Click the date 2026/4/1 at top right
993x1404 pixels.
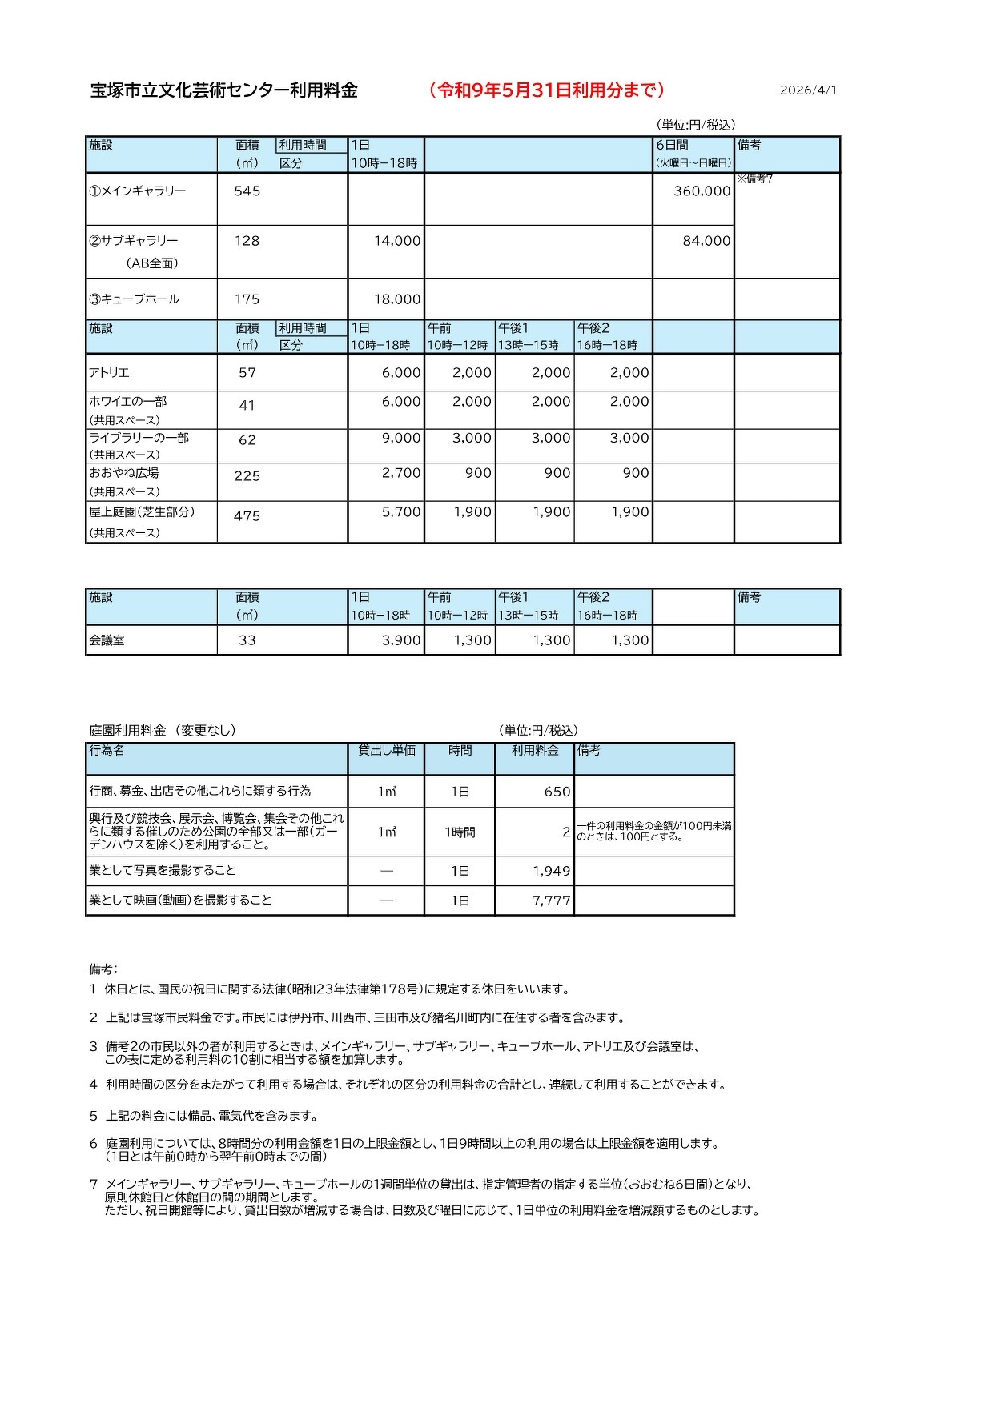808,90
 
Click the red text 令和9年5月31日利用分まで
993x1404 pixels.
547,90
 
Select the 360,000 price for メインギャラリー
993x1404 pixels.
702,191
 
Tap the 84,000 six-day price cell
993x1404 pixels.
706,241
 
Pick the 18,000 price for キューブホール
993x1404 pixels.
397,299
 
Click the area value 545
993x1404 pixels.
247,191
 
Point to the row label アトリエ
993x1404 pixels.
109,373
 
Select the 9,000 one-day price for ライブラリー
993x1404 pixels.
400,439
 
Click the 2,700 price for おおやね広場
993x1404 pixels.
400,473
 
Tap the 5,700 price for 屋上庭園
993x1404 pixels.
400,512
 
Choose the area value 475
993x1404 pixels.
247,516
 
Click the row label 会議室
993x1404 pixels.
107,640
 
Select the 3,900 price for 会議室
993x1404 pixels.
400,640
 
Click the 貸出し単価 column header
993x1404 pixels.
387,751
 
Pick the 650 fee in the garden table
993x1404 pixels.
557,792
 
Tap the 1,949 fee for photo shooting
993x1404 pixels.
551,872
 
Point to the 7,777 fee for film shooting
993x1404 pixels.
551,901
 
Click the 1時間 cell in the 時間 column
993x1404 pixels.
460,832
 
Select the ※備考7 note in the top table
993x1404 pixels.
754,179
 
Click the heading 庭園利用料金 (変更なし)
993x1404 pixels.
163,731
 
